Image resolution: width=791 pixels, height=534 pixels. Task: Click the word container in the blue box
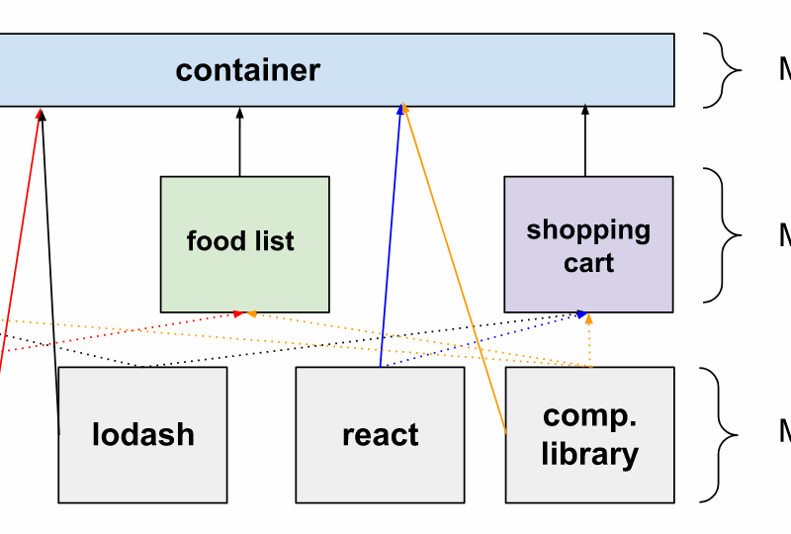point(248,70)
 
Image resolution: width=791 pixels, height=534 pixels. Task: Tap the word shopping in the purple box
point(588,230)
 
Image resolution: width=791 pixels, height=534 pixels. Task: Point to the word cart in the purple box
point(589,264)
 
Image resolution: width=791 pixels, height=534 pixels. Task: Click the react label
point(380,435)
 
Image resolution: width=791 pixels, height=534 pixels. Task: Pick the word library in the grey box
point(589,454)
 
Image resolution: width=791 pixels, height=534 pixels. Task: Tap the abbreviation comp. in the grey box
point(589,416)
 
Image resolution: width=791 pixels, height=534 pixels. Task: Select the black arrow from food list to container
point(239,143)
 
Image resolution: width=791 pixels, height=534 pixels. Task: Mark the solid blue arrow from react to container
point(391,237)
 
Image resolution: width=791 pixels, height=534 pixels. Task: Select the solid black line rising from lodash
point(50,277)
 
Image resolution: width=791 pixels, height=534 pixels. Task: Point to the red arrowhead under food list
point(237,313)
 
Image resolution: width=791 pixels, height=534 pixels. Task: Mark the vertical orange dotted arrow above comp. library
point(590,341)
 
